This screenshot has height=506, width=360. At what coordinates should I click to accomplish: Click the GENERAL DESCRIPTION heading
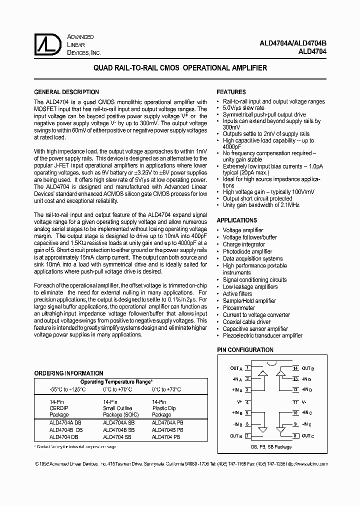pyautogui.click(x=66, y=92)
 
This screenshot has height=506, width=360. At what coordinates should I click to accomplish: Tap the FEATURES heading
pyautogui.click(x=231, y=92)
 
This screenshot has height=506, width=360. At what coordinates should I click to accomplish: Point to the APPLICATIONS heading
pyautogui.click(x=236, y=220)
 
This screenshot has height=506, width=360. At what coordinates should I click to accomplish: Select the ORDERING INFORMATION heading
pyautogui.click(x=68, y=373)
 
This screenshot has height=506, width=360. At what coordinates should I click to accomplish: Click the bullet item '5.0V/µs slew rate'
pyautogui.click(x=243, y=108)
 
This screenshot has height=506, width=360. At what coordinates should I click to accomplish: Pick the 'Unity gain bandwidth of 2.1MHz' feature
pyautogui.click(x=261, y=205)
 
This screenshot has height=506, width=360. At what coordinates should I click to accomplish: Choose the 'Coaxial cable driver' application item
pyautogui.click(x=246, y=322)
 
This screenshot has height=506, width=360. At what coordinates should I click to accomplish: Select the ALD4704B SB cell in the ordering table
pyautogui.click(x=119, y=429)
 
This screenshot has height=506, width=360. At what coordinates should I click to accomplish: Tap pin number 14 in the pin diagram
pyautogui.click(x=295, y=368)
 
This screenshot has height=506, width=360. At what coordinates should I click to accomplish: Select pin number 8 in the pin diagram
pyautogui.click(x=295, y=435)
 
